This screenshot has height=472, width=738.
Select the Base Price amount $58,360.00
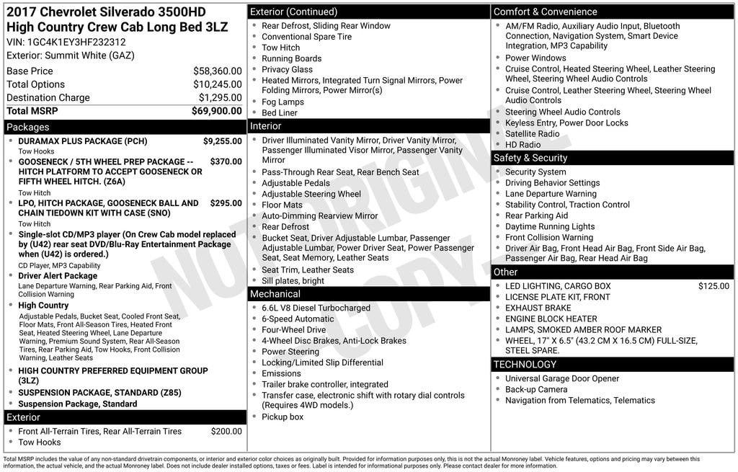pyautogui.click(x=217, y=71)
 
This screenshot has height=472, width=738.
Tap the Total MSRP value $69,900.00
pyautogui.click(x=216, y=111)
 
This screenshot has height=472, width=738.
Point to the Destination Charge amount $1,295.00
pyautogui.click(x=220, y=98)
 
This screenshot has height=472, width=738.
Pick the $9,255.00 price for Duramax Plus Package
pyautogui.click(x=222, y=142)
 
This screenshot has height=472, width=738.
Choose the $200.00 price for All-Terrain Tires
pyautogui.click(x=226, y=432)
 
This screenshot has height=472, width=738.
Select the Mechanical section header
pyautogui.click(x=275, y=294)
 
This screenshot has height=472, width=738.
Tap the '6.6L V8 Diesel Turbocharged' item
pyautogui.click(x=316, y=308)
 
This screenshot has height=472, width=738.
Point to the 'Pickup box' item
pyautogui.click(x=283, y=417)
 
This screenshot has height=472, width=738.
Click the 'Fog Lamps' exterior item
pyautogui.click(x=283, y=102)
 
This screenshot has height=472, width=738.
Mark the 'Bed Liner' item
pyautogui.click(x=280, y=113)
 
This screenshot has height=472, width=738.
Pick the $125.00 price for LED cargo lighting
pyautogui.click(x=713, y=287)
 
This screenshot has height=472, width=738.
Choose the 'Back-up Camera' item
pyautogui.click(x=535, y=390)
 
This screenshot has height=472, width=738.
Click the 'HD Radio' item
pyautogui.click(x=523, y=145)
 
